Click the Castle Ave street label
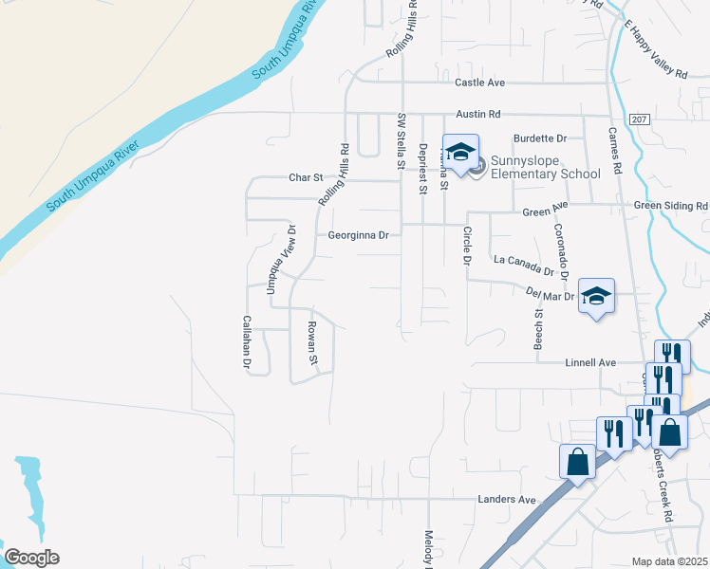(x=479, y=83)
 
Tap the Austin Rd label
(x=477, y=114)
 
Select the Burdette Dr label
(x=539, y=138)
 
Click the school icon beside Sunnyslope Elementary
(x=460, y=153)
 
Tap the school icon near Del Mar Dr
(x=596, y=297)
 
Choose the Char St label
(x=307, y=177)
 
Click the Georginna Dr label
(x=359, y=235)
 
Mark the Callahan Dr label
(x=246, y=341)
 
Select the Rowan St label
(x=311, y=343)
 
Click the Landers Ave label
(x=507, y=500)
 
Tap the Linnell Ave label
(x=591, y=363)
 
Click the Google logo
(x=31, y=558)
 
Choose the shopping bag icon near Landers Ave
(x=577, y=462)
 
